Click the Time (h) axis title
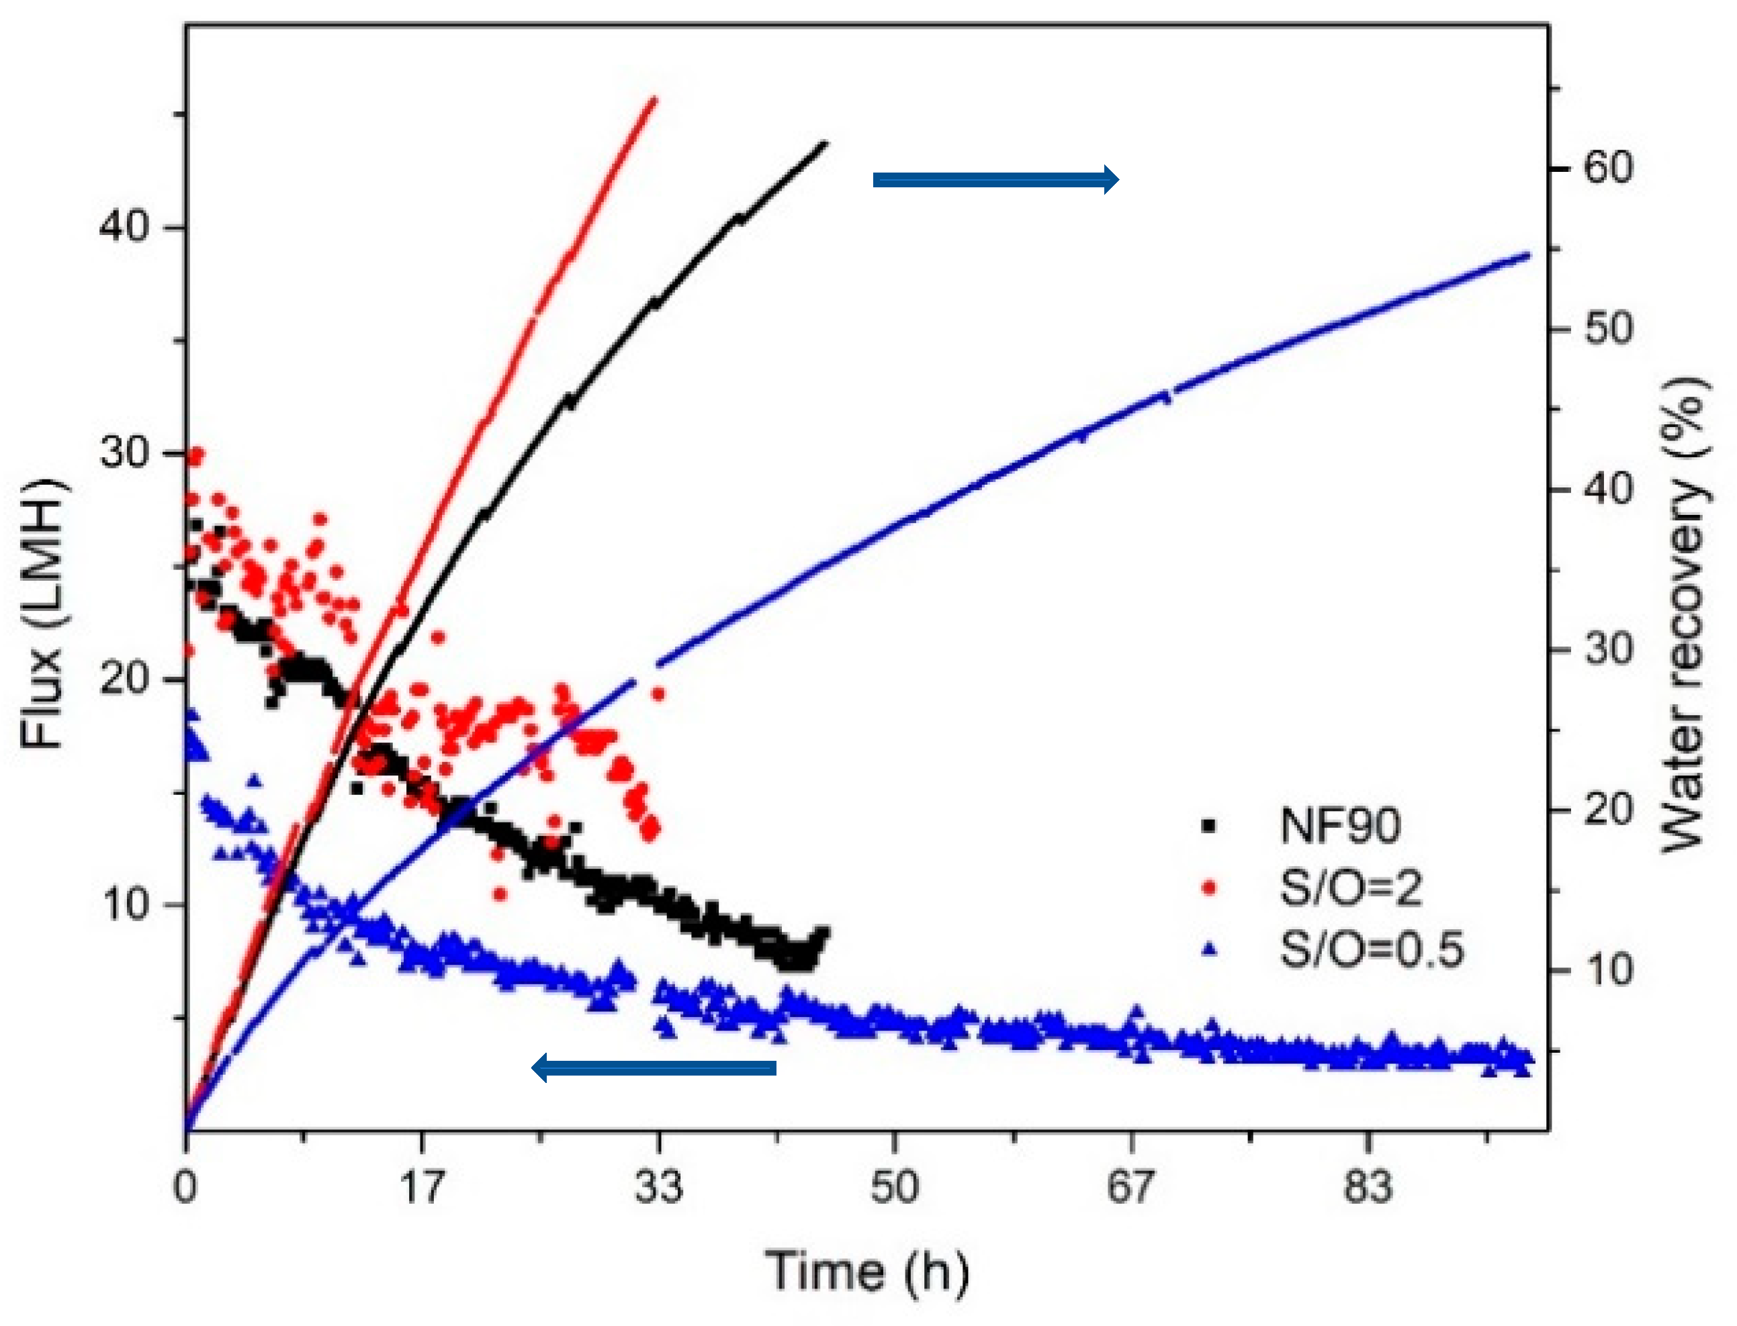pyautogui.click(x=866, y=1272)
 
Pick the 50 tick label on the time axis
pyautogui.click(x=895, y=1186)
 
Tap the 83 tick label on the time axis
pyautogui.click(x=1368, y=1186)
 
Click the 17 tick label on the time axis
pyautogui.click(x=422, y=1186)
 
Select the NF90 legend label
pyautogui.click(x=1340, y=826)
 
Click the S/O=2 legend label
pyautogui.click(x=1350, y=888)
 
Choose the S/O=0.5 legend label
pyautogui.click(x=1372, y=949)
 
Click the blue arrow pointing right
pyautogui.click(x=995, y=180)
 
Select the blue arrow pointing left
pyautogui.click(x=654, y=1069)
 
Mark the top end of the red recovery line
pyautogui.click(x=654, y=99)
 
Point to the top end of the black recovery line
pyautogui.click(x=824, y=144)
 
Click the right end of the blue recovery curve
pyautogui.click(x=1529, y=255)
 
